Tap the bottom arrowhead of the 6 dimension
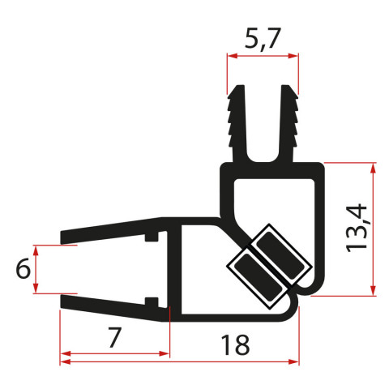click(x=36, y=292)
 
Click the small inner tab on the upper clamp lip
click(x=151, y=239)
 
